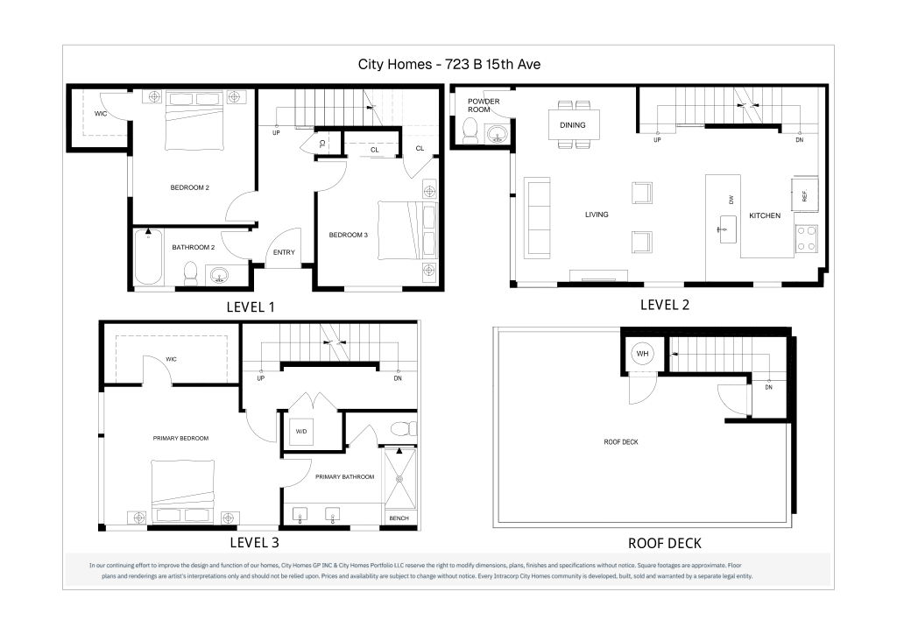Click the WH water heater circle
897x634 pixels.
pos(642,354)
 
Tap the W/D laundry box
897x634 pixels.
pos(301,431)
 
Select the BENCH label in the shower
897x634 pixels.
pos(399,518)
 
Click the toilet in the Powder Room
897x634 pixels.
pos(470,131)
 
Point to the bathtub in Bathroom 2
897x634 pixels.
pos(148,257)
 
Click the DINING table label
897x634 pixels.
pos(573,125)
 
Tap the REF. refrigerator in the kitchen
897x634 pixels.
pos(804,195)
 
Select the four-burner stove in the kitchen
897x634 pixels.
pos(807,239)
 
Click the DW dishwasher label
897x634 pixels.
pos(731,200)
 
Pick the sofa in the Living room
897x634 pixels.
pos(537,217)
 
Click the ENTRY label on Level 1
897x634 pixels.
pos(284,252)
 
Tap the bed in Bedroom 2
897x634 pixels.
pos(194,121)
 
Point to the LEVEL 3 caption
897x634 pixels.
pos(255,542)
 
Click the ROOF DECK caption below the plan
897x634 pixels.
pos(665,543)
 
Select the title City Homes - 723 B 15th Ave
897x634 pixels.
pos(449,64)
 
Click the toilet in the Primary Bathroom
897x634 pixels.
pos(404,428)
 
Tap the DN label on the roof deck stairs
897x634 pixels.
pos(768,387)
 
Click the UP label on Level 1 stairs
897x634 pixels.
pos(276,132)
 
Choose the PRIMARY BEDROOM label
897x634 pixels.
pos(180,438)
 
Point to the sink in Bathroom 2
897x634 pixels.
pos(220,276)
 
